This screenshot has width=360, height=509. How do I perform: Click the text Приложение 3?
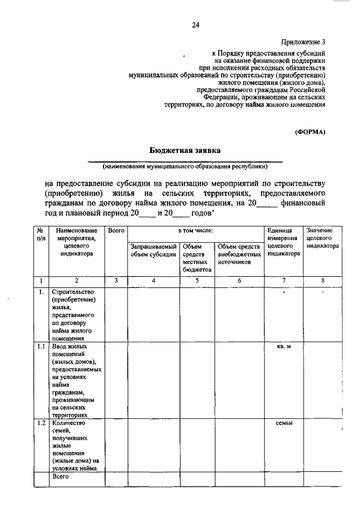[304, 42]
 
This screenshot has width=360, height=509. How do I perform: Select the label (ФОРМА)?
[310, 132]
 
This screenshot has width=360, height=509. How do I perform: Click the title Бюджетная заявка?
[185, 150]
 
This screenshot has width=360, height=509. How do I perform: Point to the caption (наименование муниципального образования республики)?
[185, 166]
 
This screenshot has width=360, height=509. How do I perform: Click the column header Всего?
[116, 231]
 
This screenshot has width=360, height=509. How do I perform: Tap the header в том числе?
[196, 231]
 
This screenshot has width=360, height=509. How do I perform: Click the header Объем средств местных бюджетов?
[196, 258]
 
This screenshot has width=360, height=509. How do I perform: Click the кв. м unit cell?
[283, 346]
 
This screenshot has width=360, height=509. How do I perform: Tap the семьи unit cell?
[283, 423]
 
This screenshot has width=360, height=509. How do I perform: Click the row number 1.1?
[40, 346]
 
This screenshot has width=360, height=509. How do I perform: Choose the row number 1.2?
[40, 423]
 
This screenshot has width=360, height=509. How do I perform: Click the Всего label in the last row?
[60, 477]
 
